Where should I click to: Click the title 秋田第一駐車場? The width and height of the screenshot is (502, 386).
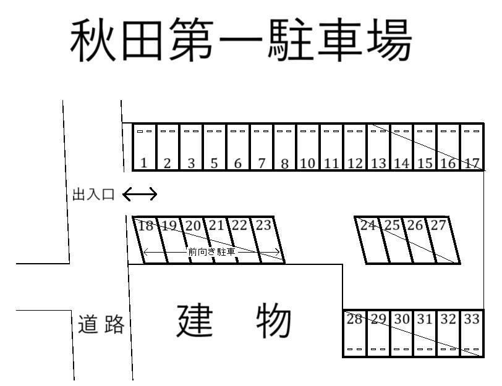[x=241, y=41]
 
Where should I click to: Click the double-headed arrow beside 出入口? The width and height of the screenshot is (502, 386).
[x=140, y=195]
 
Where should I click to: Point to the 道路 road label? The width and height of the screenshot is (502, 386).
[x=101, y=324]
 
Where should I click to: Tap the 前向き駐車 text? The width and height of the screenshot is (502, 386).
[x=212, y=252]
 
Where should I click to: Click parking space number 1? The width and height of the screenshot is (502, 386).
[x=144, y=148]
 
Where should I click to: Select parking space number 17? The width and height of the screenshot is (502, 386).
[x=472, y=148]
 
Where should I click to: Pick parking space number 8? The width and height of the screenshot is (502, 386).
[x=284, y=148]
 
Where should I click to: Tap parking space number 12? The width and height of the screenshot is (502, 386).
[x=355, y=148]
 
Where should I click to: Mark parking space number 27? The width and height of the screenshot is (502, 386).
[x=443, y=240]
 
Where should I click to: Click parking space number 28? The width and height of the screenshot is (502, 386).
[x=354, y=334]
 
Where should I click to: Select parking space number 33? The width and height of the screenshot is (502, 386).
[x=471, y=334]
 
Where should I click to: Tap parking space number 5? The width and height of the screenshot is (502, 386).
[x=214, y=148]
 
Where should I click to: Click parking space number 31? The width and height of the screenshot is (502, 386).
[x=424, y=334]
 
